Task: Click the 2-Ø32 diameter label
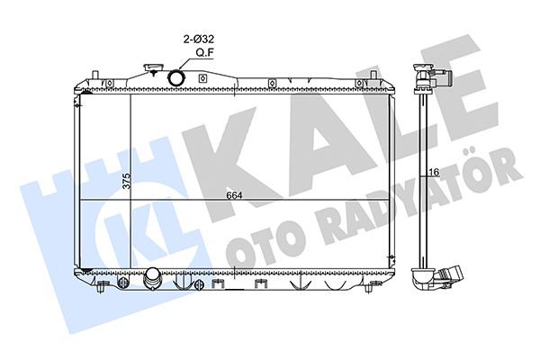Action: point(198,40)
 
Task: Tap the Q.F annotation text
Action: point(204,53)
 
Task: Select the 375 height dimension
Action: point(127,181)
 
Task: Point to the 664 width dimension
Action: point(234,195)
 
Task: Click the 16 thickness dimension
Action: point(435,172)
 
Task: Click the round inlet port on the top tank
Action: point(175,78)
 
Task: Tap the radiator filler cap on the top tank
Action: point(151,67)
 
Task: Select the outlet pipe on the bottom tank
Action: point(152,279)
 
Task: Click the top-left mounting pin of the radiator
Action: point(95,76)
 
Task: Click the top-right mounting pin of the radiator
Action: point(373,76)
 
